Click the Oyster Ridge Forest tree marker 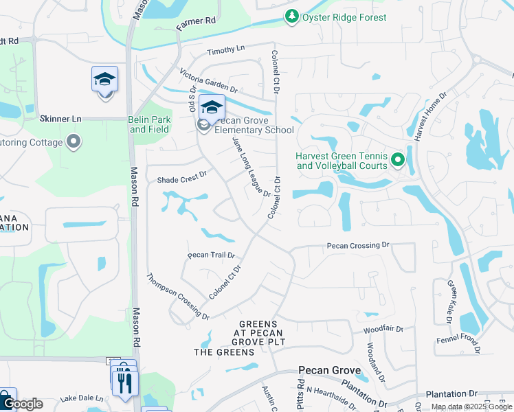point(292,16)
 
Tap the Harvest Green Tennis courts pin point(397,161)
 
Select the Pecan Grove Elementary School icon point(212,108)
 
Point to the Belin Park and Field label point(149,124)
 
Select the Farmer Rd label point(196,23)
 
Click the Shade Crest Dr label point(182,177)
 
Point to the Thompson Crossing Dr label point(178,297)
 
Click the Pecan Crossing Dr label point(358,245)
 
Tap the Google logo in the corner point(22,404)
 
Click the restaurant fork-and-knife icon point(125,382)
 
